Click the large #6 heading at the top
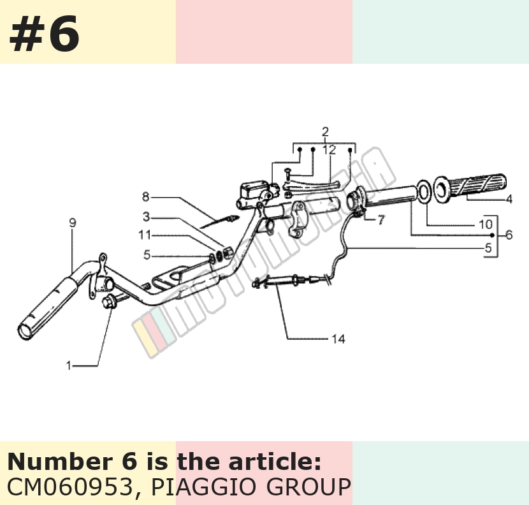(x=44, y=34)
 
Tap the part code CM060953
(x=70, y=487)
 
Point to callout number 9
(x=73, y=223)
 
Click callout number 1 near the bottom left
(x=69, y=365)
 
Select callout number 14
(x=338, y=339)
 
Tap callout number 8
(x=146, y=197)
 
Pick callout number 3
(x=146, y=217)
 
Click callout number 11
(x=145, y=235)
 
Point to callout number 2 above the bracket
(x=325, y=131)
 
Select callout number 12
(x=330, y=150)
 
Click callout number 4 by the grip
(x=509, y=199)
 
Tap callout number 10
(x=486, y=224)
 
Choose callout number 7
(x=380, y=220)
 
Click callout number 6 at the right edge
(x=509, y=235)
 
